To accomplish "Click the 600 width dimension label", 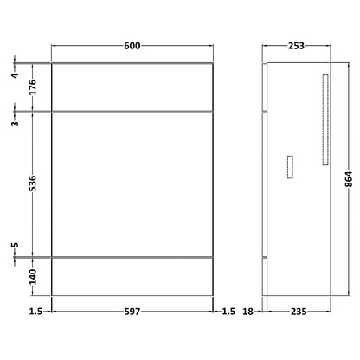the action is (132, 46).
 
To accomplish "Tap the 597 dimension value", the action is (132, 312).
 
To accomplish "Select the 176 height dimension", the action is (33, 87).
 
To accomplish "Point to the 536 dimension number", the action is (33, 183).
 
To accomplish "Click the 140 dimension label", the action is (33, 276).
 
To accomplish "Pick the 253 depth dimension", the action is (296, 46).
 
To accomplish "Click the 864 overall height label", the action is (349, 179).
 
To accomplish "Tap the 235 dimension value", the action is (299, 312).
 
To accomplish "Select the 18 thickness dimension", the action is (247, 312).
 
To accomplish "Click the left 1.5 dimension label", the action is (35, 312).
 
